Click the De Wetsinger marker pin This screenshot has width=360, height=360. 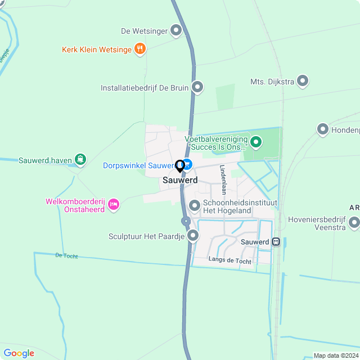176,30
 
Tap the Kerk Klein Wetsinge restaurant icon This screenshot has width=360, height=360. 140,49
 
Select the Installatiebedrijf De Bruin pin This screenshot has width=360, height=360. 197,87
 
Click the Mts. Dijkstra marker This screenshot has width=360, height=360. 303,81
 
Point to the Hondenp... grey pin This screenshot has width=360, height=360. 323,129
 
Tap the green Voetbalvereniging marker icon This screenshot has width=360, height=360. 256,142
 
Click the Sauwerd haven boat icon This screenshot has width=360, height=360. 81,160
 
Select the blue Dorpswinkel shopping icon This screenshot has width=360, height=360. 188,165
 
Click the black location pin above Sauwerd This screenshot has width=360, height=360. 180,166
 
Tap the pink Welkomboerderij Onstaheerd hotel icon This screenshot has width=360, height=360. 114,204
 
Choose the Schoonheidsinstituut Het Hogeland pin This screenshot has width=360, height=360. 195,206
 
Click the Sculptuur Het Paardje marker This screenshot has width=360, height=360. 193,236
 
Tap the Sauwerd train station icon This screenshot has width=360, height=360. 276,242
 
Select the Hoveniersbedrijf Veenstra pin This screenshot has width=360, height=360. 354,223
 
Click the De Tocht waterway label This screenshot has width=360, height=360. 66,256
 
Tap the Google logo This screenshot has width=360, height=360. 19,353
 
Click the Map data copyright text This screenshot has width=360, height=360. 335,355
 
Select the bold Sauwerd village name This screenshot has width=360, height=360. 180,181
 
